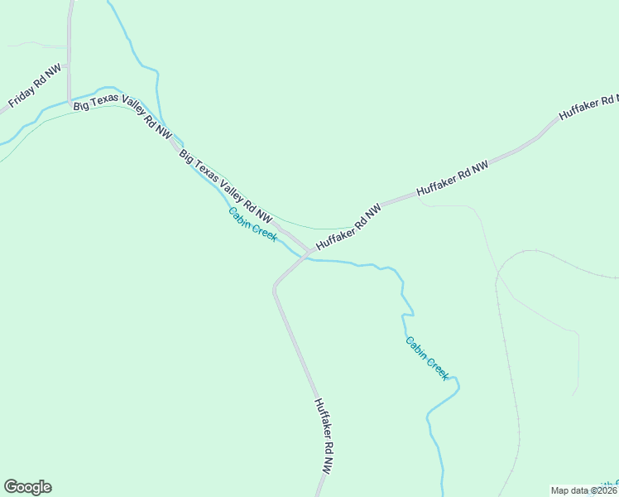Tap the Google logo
click(27, 487)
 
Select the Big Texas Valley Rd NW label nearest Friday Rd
click(122, 118)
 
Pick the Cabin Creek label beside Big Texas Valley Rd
click(252, 224)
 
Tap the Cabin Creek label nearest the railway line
click(427, 358)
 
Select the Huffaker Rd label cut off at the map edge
click(588, 104)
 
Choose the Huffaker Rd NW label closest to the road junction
click(348, 225)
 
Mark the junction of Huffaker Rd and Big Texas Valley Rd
click(307, 252)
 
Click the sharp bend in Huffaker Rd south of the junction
click(276, 287)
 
